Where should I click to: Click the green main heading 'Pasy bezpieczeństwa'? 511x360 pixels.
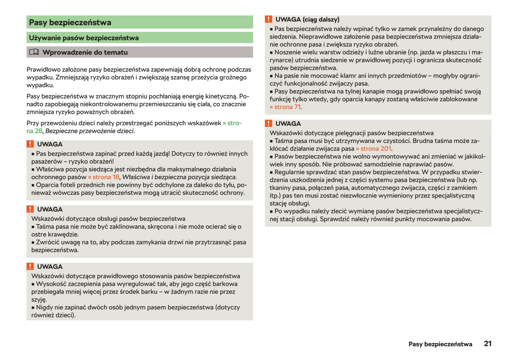[x=70, y=23]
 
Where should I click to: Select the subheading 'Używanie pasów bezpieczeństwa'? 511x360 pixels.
[x=84, y=38]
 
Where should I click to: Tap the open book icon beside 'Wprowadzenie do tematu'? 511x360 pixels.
[x=34, y=52]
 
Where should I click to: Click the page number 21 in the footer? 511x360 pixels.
[x=488, y=344]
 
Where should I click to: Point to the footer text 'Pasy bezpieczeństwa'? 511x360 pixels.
[x=440, y=344]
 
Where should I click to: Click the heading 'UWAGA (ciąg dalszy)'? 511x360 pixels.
[x=307, y=20]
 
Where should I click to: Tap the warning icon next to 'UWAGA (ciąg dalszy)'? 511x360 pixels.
[x=269, y=19]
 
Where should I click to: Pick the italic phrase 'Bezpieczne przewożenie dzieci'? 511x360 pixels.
[x=89, y=131]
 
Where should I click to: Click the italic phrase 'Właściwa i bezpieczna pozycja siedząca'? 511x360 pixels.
[x=179, y=177]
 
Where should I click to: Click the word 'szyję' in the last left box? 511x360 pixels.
[x=38, y=300]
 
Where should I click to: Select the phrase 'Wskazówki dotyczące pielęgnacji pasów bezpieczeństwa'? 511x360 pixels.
[x=352, y=133]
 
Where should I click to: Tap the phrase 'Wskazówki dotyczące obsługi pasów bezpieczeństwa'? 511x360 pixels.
[x=108, y=219]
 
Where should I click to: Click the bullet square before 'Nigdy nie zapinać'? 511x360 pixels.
[x=33, y=308]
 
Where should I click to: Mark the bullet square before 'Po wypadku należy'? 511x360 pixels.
[x=272, y=212]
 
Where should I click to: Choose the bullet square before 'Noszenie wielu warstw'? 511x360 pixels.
[x=272, y=53]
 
